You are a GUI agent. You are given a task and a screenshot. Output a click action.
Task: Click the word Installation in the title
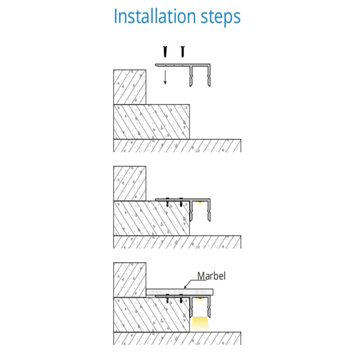(x=155, y=16)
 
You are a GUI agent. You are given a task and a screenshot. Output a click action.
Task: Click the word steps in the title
(x=220, y=18)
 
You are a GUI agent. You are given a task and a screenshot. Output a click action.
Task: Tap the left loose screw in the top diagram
(x=165, y=52)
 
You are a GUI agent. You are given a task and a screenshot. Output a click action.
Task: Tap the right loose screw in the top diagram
(x=183, y=52)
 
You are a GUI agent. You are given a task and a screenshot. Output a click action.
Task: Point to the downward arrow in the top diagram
(x=165, y=77)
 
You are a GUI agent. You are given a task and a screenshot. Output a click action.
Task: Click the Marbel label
(x=211, y=276)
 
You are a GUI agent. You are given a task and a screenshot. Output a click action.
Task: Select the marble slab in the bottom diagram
(x=180, y=292)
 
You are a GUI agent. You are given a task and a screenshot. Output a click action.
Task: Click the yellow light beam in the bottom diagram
(x=200, y=324)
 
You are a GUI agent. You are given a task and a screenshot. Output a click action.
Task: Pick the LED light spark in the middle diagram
(x=200, y=203)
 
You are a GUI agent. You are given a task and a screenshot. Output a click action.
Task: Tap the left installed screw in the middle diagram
(x=167, y=202)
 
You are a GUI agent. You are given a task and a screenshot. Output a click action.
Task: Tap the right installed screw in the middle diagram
(x=181, y=202)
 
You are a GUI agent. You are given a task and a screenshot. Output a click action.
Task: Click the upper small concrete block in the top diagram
(x=130, y=87)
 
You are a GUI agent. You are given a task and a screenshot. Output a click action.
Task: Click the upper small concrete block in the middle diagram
(x=130, y=184)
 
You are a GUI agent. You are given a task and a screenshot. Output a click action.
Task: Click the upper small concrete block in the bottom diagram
(x=130, y=280)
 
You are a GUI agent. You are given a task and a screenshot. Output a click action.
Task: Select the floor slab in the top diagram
(x=177, y=145)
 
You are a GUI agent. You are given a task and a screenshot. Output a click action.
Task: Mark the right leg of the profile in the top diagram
(x=209, y=76)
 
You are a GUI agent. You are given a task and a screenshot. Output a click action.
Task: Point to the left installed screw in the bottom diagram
(x=167, y=298)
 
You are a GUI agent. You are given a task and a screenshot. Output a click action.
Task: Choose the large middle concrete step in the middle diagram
(x=152, y=218)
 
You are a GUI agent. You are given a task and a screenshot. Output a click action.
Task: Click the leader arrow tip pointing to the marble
(x=184, y=288)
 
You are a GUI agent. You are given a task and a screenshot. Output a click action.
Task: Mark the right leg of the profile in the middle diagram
(x=209, y=210)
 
